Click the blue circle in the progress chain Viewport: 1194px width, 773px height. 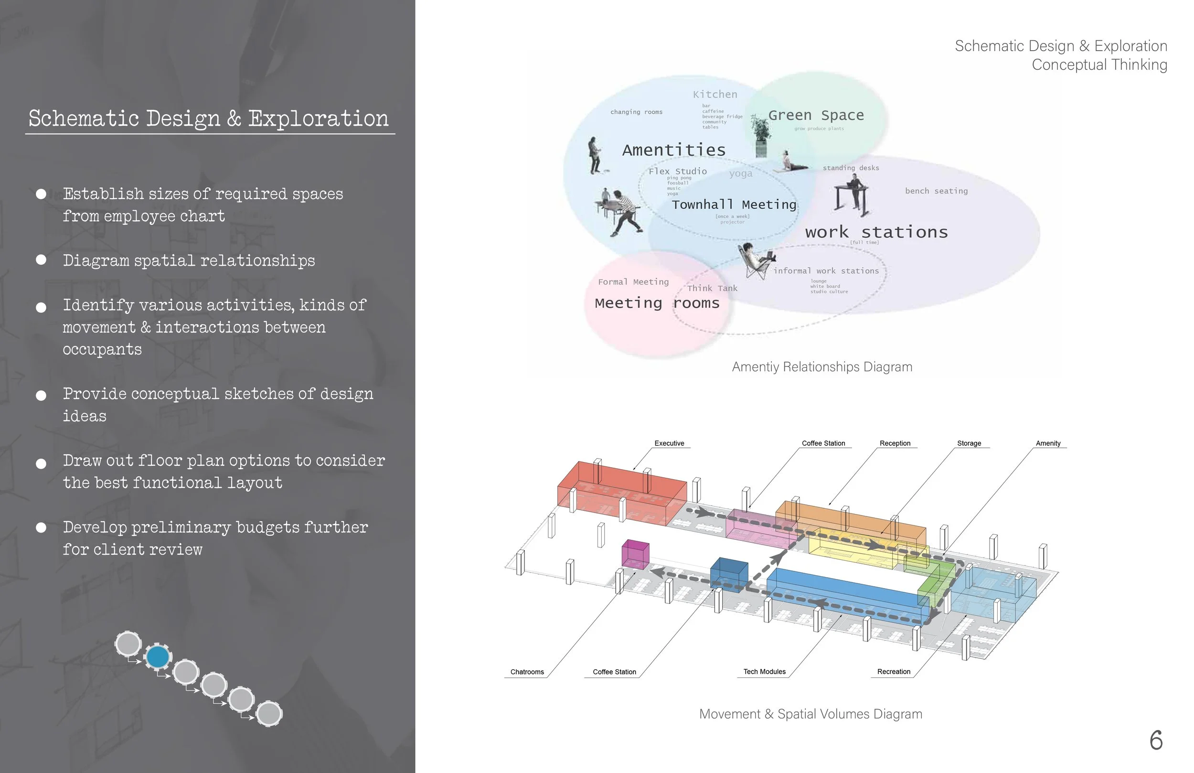158,656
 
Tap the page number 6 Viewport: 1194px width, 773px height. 1156,741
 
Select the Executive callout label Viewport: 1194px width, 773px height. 669,443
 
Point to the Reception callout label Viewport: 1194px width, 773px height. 895,443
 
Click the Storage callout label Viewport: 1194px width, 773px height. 969,443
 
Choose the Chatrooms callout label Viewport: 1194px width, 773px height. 527,672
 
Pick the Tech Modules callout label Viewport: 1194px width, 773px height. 764,672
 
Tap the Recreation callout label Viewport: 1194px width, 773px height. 894,672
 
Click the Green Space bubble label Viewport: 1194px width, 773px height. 816,116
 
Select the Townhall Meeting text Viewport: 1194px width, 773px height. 734,205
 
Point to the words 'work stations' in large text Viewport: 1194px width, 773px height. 876,232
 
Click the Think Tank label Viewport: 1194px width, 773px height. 712,289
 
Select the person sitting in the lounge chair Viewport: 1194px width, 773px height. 757,260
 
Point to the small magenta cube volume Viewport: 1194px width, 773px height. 635,555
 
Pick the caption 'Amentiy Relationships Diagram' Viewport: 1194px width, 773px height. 822,367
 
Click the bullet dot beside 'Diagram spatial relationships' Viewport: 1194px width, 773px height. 41,260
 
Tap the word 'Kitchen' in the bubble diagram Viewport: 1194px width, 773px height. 715,95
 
